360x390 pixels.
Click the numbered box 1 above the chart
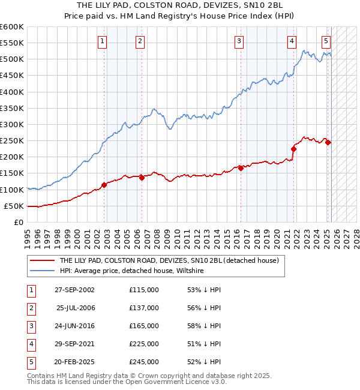point(103,41)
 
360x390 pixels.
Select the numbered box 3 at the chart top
point(239,41)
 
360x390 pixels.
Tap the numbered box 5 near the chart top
point(326,41)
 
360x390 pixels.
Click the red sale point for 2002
point(104,185)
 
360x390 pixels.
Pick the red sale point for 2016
point(241,168)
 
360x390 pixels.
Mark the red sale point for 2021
point(293,149)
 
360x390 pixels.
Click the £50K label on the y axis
point(14,206)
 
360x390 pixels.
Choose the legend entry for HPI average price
point(131,271)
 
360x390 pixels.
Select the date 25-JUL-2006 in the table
point(76,308)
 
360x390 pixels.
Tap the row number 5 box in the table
point(31,362)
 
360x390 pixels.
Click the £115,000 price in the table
point(144,290)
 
